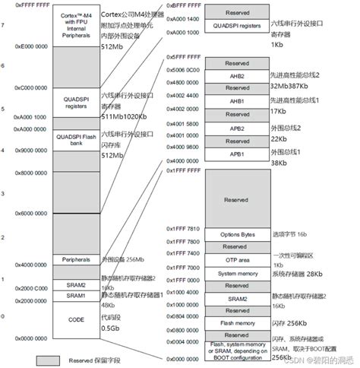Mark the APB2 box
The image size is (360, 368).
[236, 128]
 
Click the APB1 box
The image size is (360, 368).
[236, 154]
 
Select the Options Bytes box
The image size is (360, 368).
[236, 233]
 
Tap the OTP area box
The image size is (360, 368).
[236, 259]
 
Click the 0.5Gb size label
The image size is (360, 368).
[110, 328]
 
